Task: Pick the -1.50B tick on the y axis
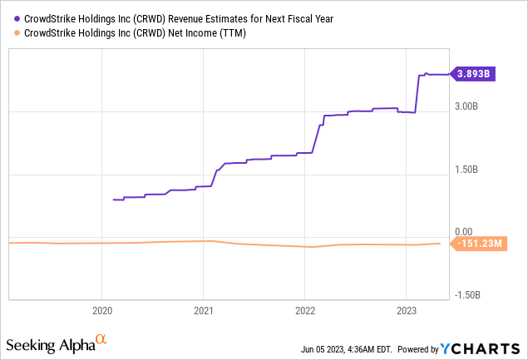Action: pos(470,294)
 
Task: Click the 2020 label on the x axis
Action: pos(101,310)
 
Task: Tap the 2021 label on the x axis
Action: pos(203,310)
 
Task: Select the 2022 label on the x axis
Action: pos(304,310)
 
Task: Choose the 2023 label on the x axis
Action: pos(406,310)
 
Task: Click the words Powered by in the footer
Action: pos(422,348)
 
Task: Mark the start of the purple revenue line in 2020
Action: pos(114,200)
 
